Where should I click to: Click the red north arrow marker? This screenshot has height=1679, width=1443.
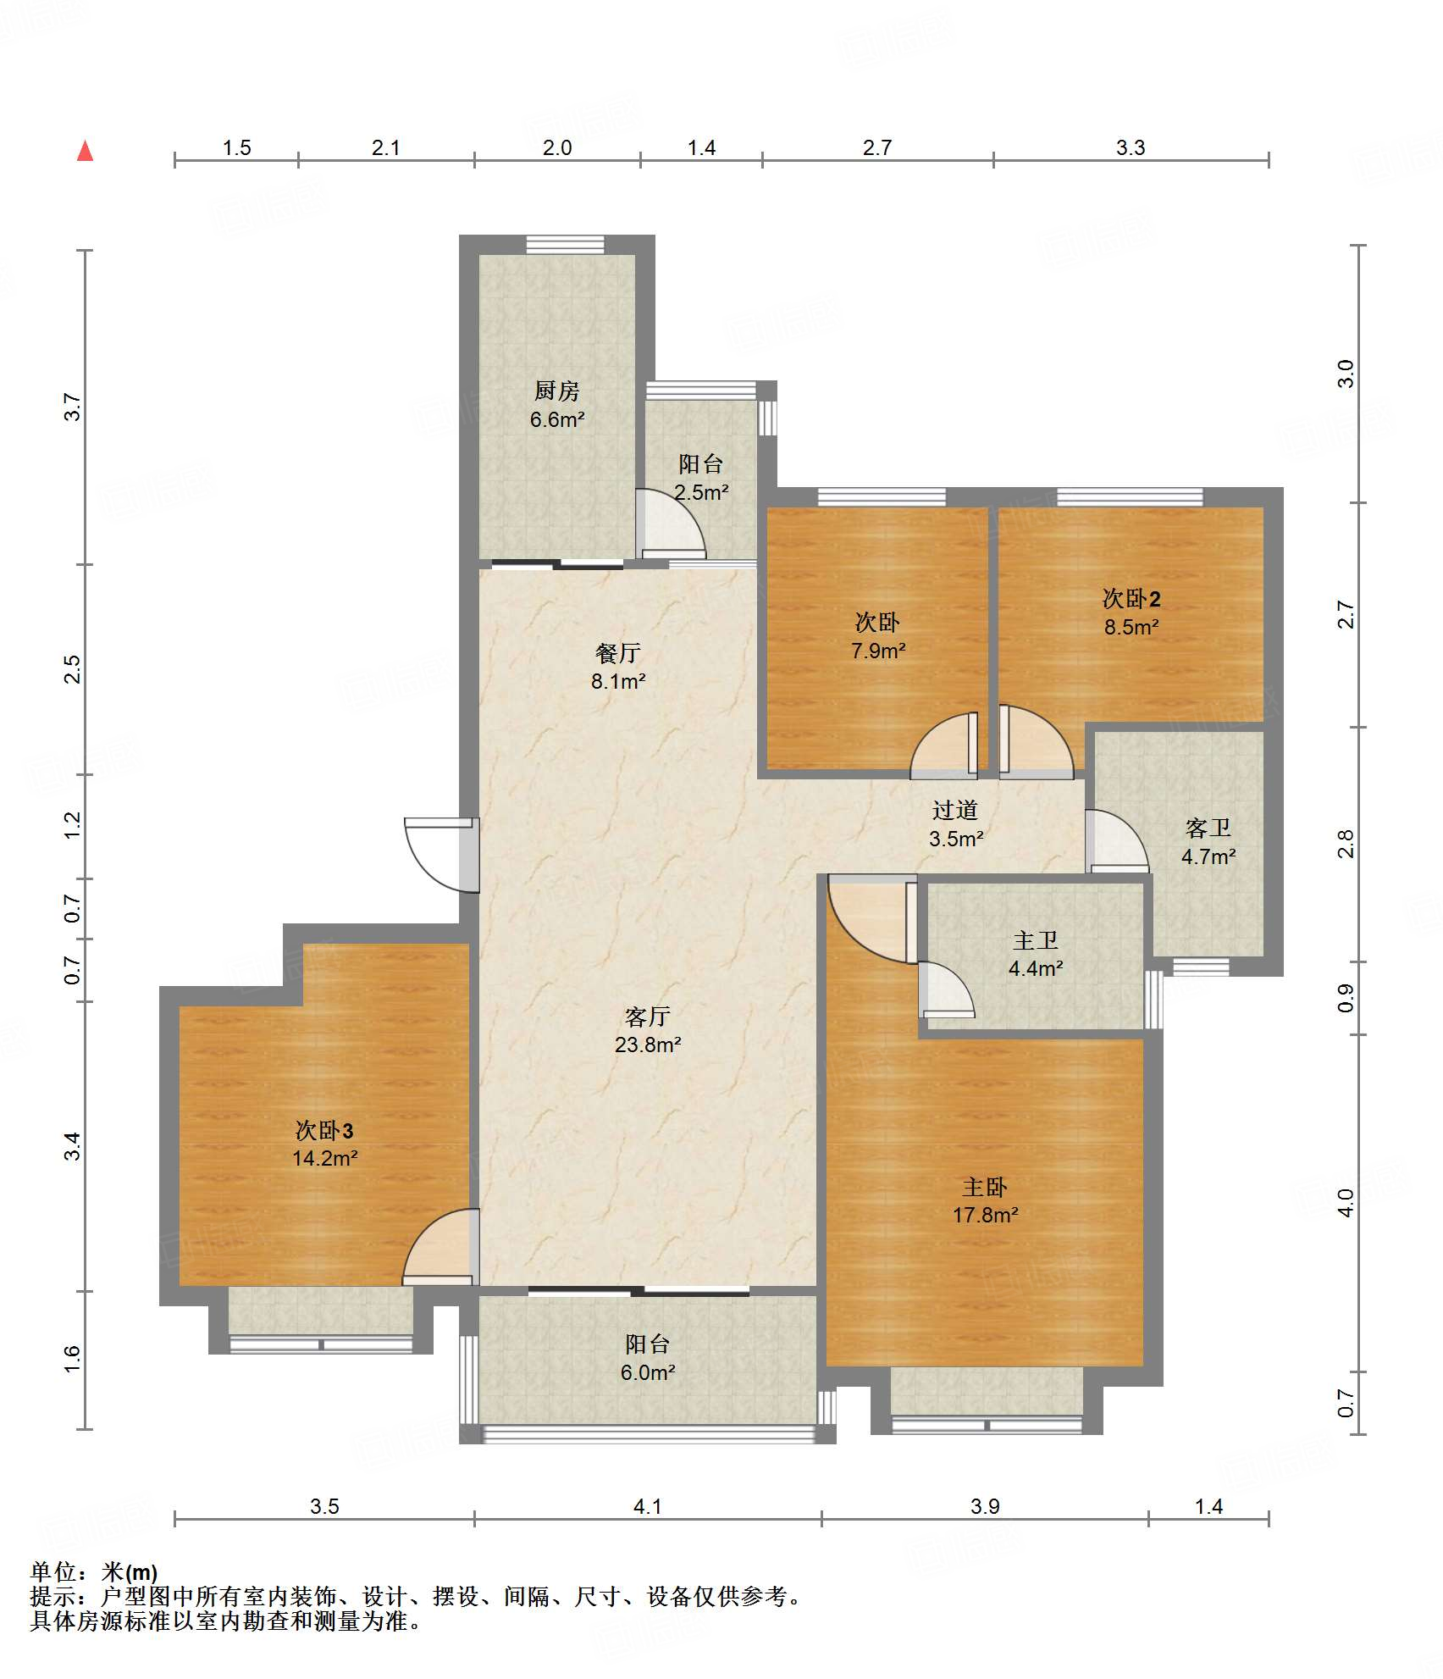85,151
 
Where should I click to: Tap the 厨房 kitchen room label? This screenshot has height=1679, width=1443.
557,391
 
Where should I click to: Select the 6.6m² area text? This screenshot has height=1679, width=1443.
557,419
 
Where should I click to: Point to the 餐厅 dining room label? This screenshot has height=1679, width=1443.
618,653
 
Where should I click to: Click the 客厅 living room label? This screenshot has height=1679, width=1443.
648,1016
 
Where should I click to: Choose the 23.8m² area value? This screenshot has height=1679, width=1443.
648,1045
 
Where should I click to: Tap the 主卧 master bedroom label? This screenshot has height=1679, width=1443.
985,1186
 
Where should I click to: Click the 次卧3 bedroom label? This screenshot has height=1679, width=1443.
324,1129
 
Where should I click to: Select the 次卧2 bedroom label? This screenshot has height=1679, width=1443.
1131,598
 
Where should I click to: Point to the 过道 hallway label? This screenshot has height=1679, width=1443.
955,810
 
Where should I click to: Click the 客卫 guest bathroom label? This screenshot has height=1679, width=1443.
1208,828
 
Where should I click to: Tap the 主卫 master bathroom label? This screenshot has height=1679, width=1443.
1036,940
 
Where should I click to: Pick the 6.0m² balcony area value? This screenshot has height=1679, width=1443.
648,1372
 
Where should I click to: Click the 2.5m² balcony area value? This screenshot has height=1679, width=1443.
701,492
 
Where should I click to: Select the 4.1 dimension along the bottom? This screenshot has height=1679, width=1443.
648,1506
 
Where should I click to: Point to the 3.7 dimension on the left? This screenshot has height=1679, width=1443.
73,407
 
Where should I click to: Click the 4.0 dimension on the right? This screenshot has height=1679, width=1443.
1346,1202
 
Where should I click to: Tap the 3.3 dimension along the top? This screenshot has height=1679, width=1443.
1131,147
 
